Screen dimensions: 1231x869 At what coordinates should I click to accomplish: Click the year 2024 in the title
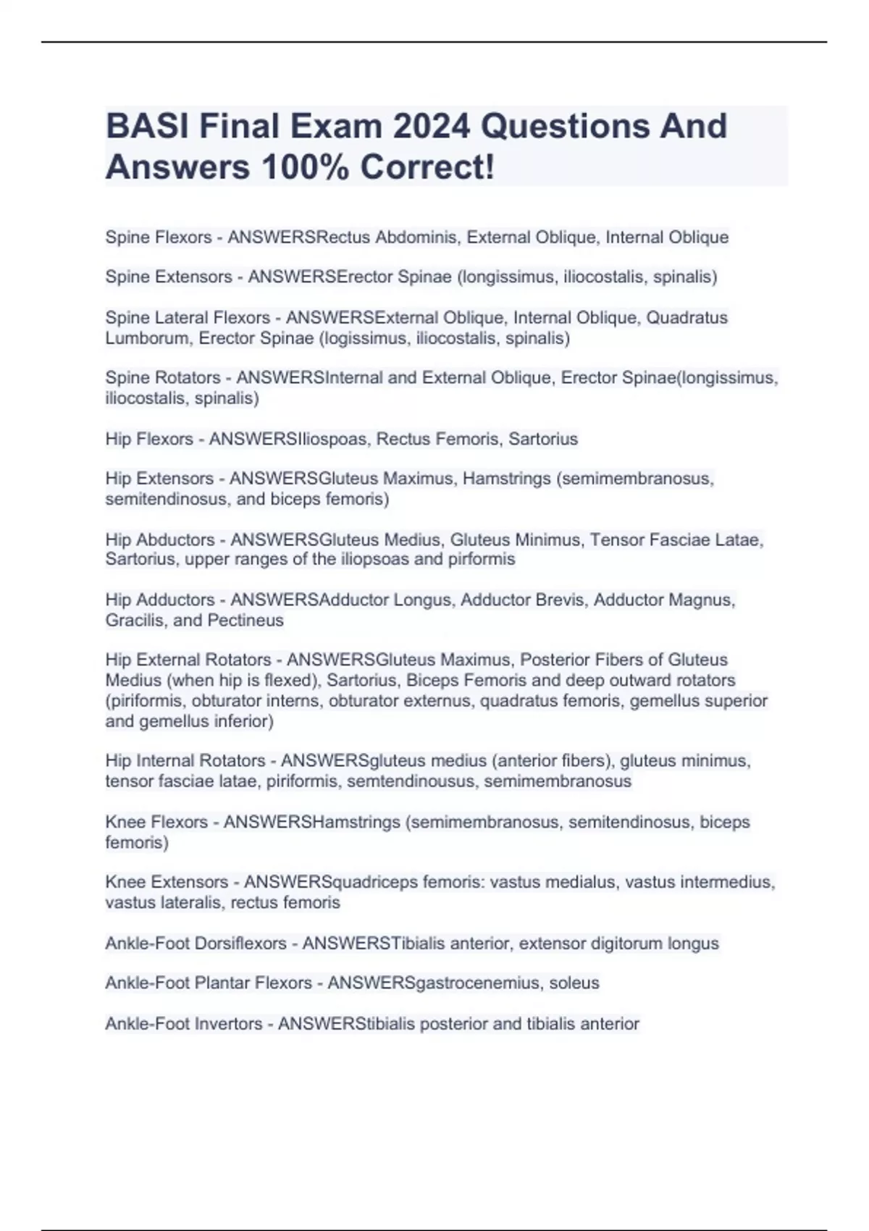click(x=432, y=126)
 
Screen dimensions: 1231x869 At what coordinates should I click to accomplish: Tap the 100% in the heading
click(x=304, y=167)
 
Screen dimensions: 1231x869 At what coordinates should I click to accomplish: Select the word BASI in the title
click(x=147, y=126)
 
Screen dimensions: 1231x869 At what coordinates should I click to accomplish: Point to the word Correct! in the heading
click(x=427, y=167)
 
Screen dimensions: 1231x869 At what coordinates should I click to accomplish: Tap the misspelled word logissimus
click(x=367, y=338)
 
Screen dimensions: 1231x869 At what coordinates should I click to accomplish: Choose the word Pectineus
click(x=245, y=620)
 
